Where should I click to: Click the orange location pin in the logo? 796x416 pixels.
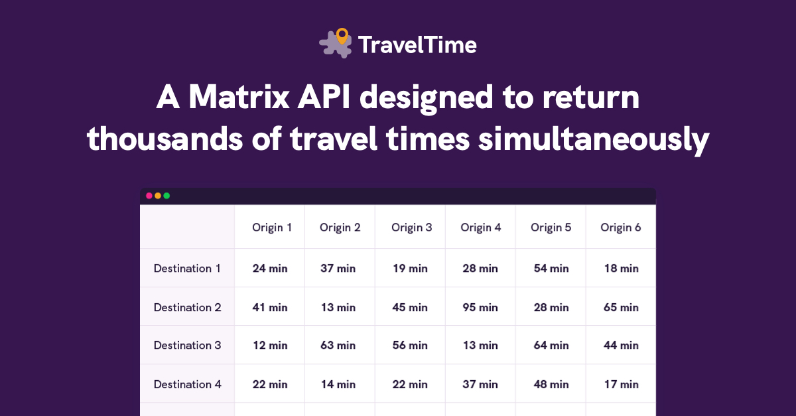point(342,36)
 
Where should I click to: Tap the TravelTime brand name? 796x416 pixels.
point(417,45)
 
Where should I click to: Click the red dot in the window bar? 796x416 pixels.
point(149,196)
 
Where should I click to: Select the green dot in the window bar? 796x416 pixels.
point(166,196)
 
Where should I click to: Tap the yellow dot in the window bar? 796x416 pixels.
point(158,196)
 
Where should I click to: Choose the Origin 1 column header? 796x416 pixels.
point(272,228)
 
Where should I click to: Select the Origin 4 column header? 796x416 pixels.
point(481,228)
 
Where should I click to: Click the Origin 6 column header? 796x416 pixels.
point(621,228)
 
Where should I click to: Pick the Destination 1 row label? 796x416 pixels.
point(187,269)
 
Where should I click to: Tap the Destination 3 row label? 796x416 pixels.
point(187,345)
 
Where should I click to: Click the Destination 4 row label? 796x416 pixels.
point(187,384)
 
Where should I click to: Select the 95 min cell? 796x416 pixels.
point(480,308)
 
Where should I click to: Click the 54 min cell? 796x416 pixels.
point(551,269)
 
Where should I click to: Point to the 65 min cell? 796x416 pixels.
point(621,308)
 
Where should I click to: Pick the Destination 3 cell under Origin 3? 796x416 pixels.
point(410,346)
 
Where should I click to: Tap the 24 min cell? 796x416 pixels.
point(270,269)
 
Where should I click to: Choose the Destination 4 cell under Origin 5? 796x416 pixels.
point(551,384)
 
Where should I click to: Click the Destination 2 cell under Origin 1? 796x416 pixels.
point(270,308)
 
